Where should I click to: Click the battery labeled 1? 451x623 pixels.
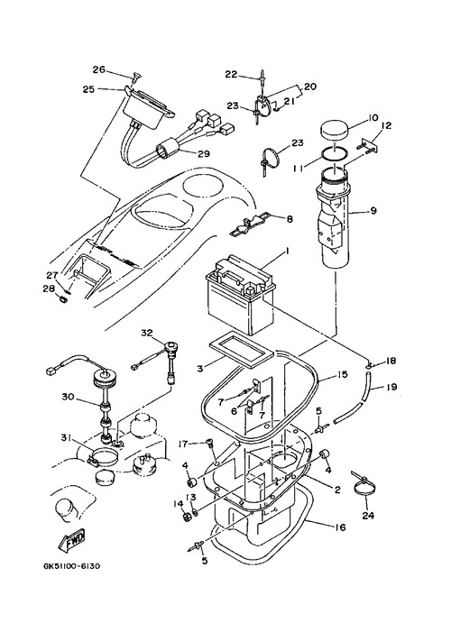(240, 294)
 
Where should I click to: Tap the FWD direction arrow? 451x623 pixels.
(72, 540)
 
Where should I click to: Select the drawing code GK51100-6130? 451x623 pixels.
(72, 566)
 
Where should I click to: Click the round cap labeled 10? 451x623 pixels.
(334, 131)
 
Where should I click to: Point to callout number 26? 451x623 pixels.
(99, 69)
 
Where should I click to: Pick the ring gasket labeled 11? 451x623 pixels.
(334, 155)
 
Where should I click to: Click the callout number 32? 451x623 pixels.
(147, 333)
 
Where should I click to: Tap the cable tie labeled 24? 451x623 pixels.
(362, 485)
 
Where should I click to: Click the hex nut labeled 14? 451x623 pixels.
(185, 517)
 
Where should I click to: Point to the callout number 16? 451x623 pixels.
(340, 527)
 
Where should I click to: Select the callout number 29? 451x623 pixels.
(204, 154)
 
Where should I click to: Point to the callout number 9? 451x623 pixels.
(373, 210)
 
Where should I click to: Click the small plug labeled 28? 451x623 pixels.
(62, 298)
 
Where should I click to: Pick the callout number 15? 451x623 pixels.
(342, 374)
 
